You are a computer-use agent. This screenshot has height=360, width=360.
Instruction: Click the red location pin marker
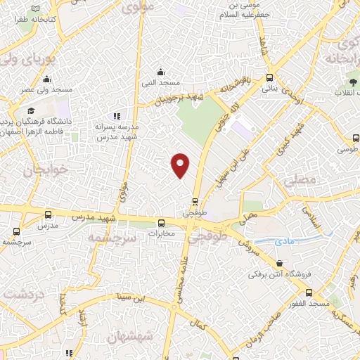[x=180, y=165]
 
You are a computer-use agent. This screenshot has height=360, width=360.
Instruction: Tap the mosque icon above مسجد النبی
[x=162, y=71]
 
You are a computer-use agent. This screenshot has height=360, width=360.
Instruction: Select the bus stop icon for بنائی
[x=269, y=78]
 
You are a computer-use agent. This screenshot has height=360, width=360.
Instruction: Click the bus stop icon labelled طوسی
[x=356, y=139]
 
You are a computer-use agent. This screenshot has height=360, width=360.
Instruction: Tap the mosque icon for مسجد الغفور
[x=309, y=292]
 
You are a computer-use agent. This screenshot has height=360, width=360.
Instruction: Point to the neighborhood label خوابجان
[x=28, y=170]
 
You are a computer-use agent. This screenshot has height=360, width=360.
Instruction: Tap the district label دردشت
[x=24, y=292]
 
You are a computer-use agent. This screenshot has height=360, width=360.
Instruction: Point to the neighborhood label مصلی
[x=302, y=181]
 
